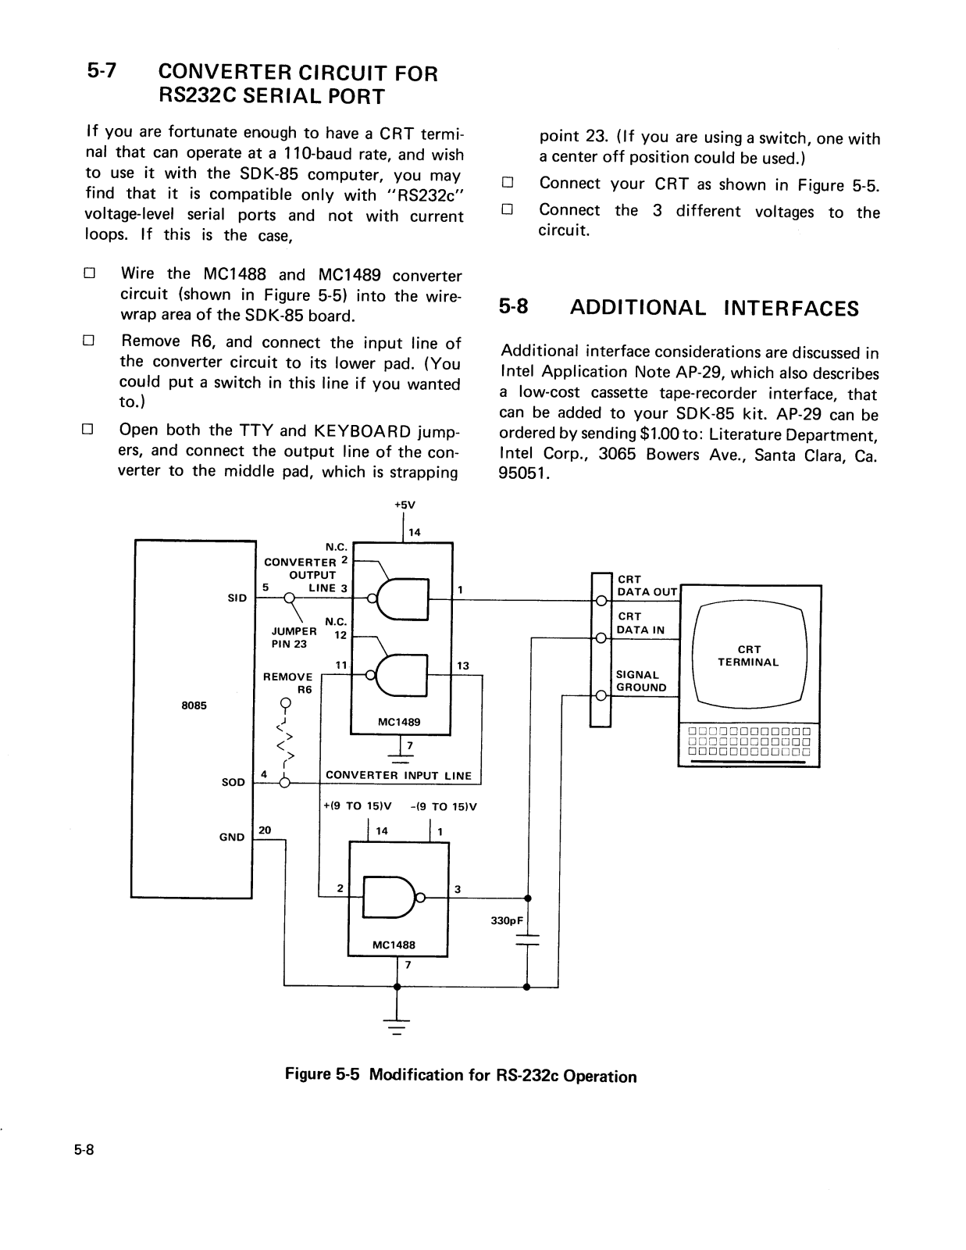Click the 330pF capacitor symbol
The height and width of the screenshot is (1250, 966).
526,940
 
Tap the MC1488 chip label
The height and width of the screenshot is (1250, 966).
394,945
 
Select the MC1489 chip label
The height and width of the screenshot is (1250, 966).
399,722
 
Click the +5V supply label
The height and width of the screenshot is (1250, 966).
405,505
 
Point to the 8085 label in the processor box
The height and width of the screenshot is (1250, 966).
194,705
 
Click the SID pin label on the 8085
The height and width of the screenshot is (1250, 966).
237,598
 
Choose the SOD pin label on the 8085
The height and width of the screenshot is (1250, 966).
233,782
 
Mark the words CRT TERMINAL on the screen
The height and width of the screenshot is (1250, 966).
748,655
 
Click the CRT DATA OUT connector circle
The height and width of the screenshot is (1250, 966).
601,601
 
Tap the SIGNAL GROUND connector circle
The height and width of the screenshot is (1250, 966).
601,696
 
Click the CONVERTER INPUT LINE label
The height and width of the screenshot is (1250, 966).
398,776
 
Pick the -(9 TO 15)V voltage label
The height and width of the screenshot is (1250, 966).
444,806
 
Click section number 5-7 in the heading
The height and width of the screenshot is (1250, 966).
102,71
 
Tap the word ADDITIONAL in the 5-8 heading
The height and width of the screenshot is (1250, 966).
638,308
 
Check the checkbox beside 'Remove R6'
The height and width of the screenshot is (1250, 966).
88,341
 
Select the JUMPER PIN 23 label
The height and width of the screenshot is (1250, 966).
294,637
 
